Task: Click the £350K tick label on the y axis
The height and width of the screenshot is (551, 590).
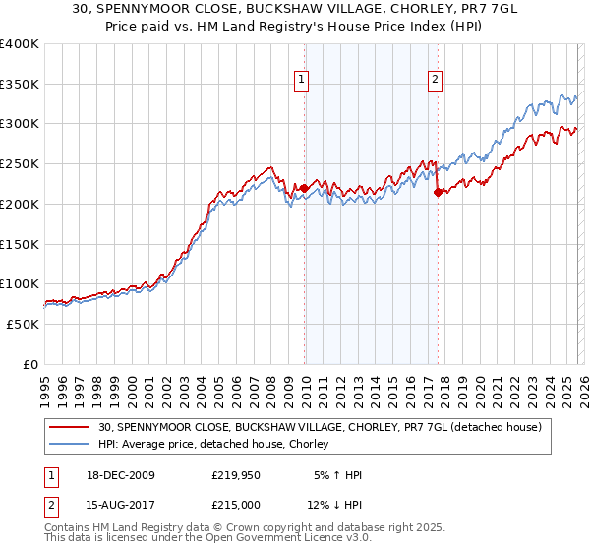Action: (x=20, y=85)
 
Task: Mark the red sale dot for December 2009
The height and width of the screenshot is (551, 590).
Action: (x=304, y=187)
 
